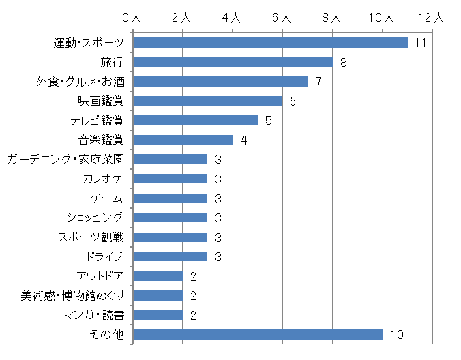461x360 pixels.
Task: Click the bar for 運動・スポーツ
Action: pyautogui.click(x=270, y=43)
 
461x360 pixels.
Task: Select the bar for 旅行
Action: pyautogui.click(x=233, y=62)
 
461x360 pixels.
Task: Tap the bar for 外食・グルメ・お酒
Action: pyautogui.click(x=220, y=82)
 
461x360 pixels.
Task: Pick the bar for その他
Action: pyautogui.click(x=258, y=334)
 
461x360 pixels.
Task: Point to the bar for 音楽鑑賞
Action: pyautogui.click(x=183, y=140)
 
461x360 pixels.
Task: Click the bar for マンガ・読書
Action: pyautogui.click(x=158, y=315)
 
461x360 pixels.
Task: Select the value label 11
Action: pyautogui.click(x=420, y=43)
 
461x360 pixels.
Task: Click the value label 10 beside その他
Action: pyautogui.click(x=397, y=334)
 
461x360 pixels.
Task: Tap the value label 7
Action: pyautogui.click(x=318, y=82)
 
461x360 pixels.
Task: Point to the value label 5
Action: pyautogui.click(x=268, y=121)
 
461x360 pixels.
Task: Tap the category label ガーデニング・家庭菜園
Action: pyautogui.click(x=65, y=159)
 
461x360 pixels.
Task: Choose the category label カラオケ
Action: pyautogui.click(x=103, y=179)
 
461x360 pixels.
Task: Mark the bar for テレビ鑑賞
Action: pyautogui.click(x=195, y=121)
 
